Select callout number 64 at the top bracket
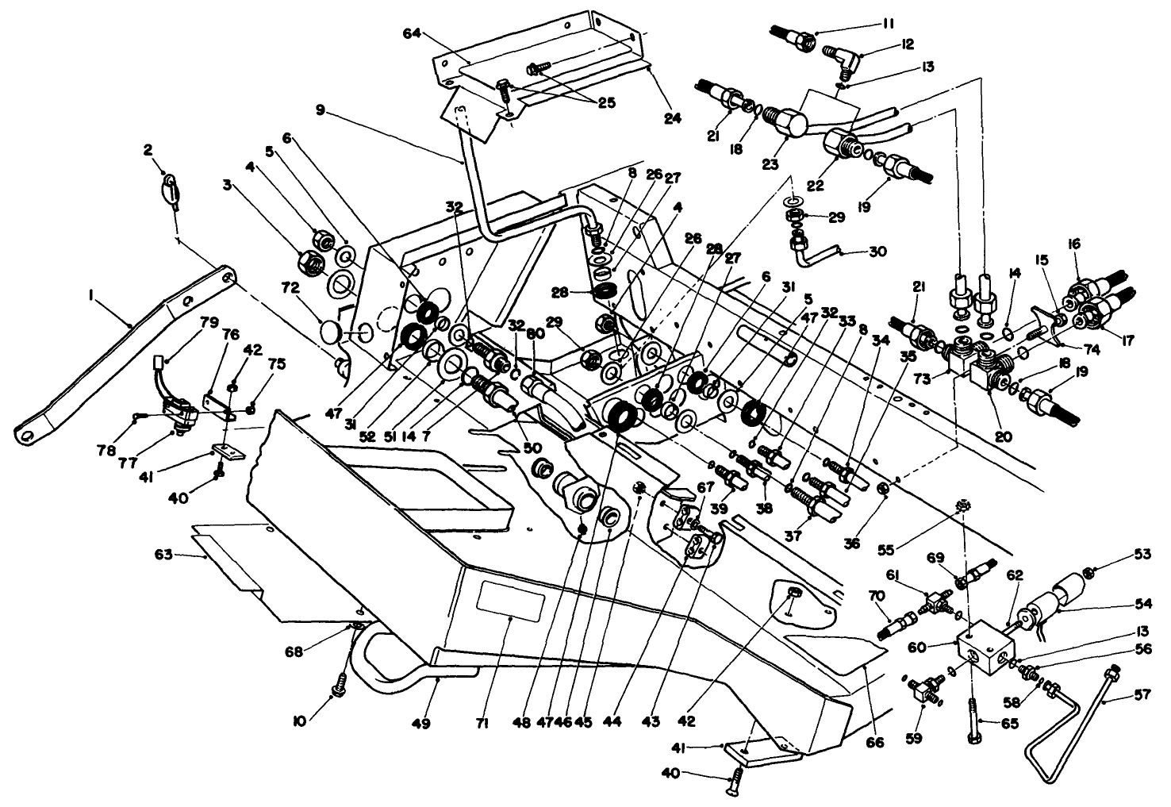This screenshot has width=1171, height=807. tap(433, 33)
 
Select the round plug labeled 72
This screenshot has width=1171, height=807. tap(331, 330)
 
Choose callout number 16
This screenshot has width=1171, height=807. tap(1075, 244)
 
